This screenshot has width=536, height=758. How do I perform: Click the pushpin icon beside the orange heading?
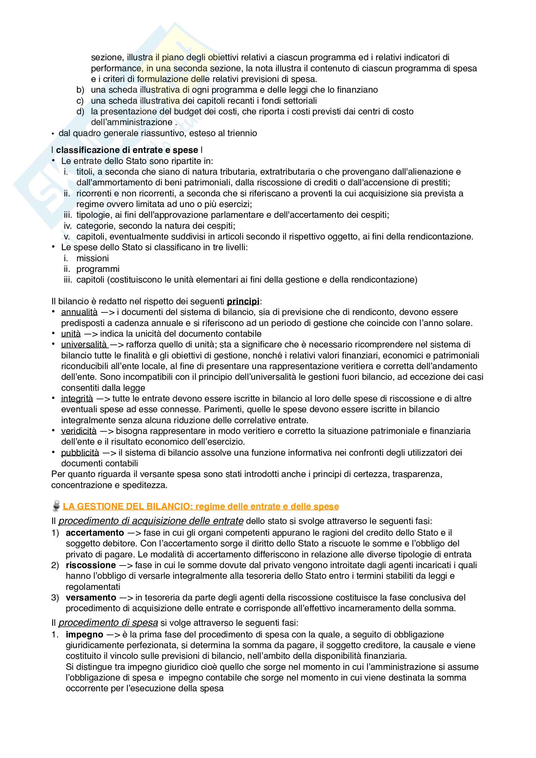pyautogui.click(x=56, y=506)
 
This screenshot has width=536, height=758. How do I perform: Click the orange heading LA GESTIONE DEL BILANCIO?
pyautogui.click(x=201, y=507)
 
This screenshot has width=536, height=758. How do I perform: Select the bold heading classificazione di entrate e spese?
pyautogui.click(x=127, y=150)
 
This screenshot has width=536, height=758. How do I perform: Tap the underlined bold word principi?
pyautogui.click(x=243, y=301)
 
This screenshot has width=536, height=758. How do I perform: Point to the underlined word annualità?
pyautogui.click(x=79, y=312)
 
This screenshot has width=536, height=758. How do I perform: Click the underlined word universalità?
pyautogui.click(x=84, y=345)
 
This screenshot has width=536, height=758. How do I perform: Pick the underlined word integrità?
pyautogui.click(x=77, y=399)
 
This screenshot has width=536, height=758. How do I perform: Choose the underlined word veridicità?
pyautogui.click(x=79, y=431)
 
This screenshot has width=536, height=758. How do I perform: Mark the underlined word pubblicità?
pyautogui.click(x=80, y=453)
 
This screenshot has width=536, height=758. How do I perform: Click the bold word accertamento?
pyautogui.click(x=95, y=533)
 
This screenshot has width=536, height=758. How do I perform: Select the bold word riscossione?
pyautogui.click(x=91, y=565)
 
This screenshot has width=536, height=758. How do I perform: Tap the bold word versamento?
pyautogui.click(x=91, y=598)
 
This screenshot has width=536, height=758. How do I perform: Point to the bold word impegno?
pyautogui.click(x=85, y=635)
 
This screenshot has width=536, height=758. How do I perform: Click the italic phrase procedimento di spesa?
pyautogui.click(x=108, y=623)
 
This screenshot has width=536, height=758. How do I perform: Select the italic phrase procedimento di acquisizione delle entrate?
pyautogui.click(x=151, y=521)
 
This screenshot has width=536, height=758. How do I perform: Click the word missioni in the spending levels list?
pyautogui.click(x=92, y=259)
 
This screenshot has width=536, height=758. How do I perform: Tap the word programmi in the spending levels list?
pyautogui.click(x=98, y=269)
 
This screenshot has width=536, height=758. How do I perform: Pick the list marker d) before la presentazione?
pyautogui.click(x=80, y=111)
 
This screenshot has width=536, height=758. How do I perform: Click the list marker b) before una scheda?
pyautogui.click(x=80, y=90)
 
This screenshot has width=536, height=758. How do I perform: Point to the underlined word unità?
pyautogui.click(x=71, y=334)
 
